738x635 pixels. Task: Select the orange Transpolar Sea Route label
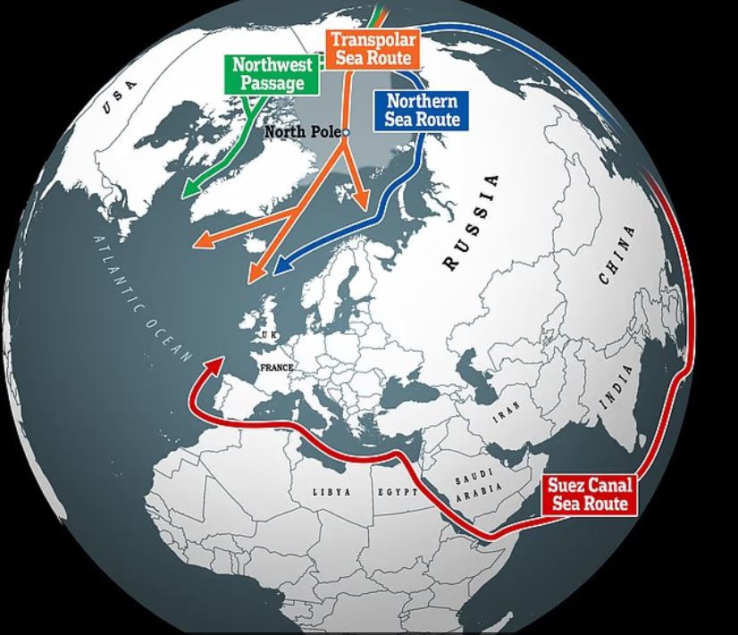coord(373,48)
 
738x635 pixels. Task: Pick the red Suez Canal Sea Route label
coord(591,495)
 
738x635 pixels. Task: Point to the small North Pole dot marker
coord(347,133)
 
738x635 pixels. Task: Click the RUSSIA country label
coord(471,221)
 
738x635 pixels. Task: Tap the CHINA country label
coord(616,255)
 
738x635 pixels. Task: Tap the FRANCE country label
coord(277,367)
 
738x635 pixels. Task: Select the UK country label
coord(269,335)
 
